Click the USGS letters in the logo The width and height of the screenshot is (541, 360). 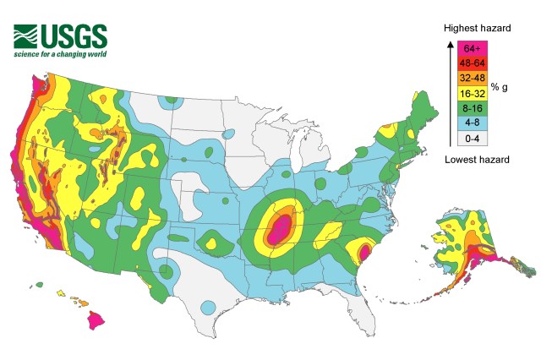point(77,36)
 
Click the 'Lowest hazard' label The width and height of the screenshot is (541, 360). point(476,160)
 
